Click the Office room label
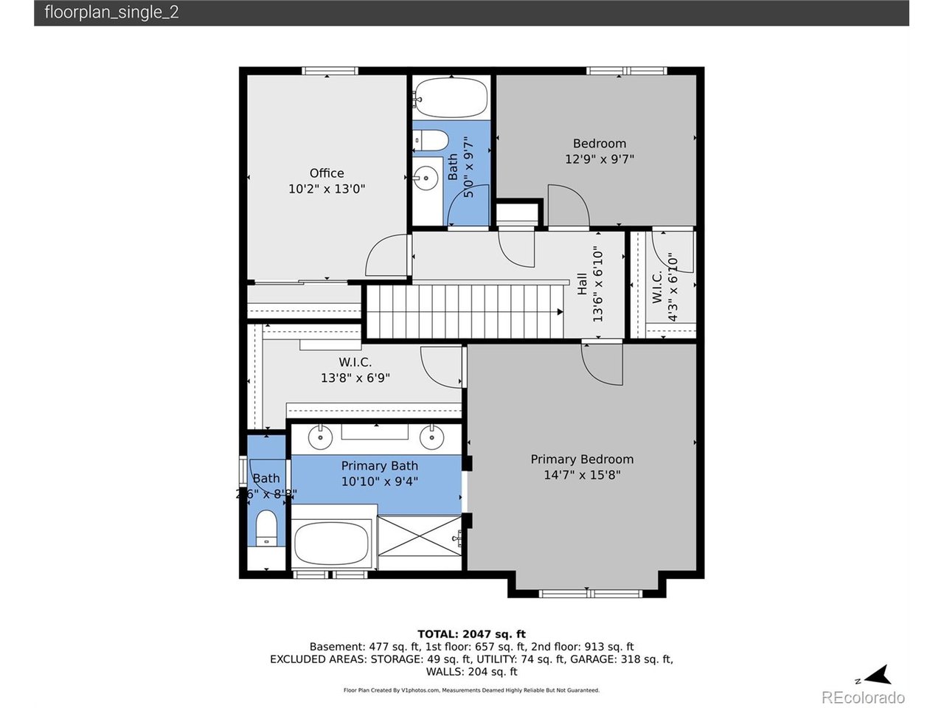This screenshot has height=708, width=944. [327, 173]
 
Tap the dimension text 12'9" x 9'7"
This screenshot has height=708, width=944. [599, 159]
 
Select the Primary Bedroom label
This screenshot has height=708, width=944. [582, 459]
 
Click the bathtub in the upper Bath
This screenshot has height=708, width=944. [451, 97]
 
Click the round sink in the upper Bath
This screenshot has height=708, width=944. [425, 177]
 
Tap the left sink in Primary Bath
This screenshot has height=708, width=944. [320, 437]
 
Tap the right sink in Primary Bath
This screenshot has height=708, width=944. [431, 437]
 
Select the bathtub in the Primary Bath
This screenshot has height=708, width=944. [332, 544]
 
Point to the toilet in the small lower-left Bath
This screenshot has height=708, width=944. [266, 529]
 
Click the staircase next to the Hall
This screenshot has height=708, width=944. [465, 310]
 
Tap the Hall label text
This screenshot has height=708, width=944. [582, 284]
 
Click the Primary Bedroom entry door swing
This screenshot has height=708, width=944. [601, 364]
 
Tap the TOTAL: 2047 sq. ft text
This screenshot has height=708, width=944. [471, 634]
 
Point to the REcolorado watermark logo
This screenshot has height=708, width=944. [862, 698]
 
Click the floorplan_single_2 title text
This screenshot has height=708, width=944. [111, 13]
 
